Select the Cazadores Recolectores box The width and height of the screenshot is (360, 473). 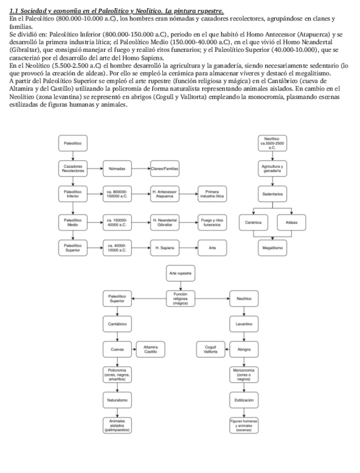(x=73, y=168)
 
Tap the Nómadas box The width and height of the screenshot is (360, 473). (x=117, y=168)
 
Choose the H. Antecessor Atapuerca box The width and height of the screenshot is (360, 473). (x=164, y=195)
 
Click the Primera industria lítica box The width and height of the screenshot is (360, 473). (x=212, y=195)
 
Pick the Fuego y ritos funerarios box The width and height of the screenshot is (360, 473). (x=212, y=221)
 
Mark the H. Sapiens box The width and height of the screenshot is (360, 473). (x=164, y=247)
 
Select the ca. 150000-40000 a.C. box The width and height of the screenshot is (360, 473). (x=117, y=221)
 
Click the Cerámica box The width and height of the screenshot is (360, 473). (x=254, y=222)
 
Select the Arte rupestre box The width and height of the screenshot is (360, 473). (x=180, y=274)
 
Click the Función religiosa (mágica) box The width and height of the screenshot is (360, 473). (x=180, y=298)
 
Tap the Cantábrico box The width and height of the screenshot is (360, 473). (x=117, y=324)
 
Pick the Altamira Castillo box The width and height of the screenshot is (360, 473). (x=149, y=349)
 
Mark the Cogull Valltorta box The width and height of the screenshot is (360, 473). (x=211, y=349)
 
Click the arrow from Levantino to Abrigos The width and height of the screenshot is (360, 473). (x=244, y=336)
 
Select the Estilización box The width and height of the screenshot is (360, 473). (x=244, y=400)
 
